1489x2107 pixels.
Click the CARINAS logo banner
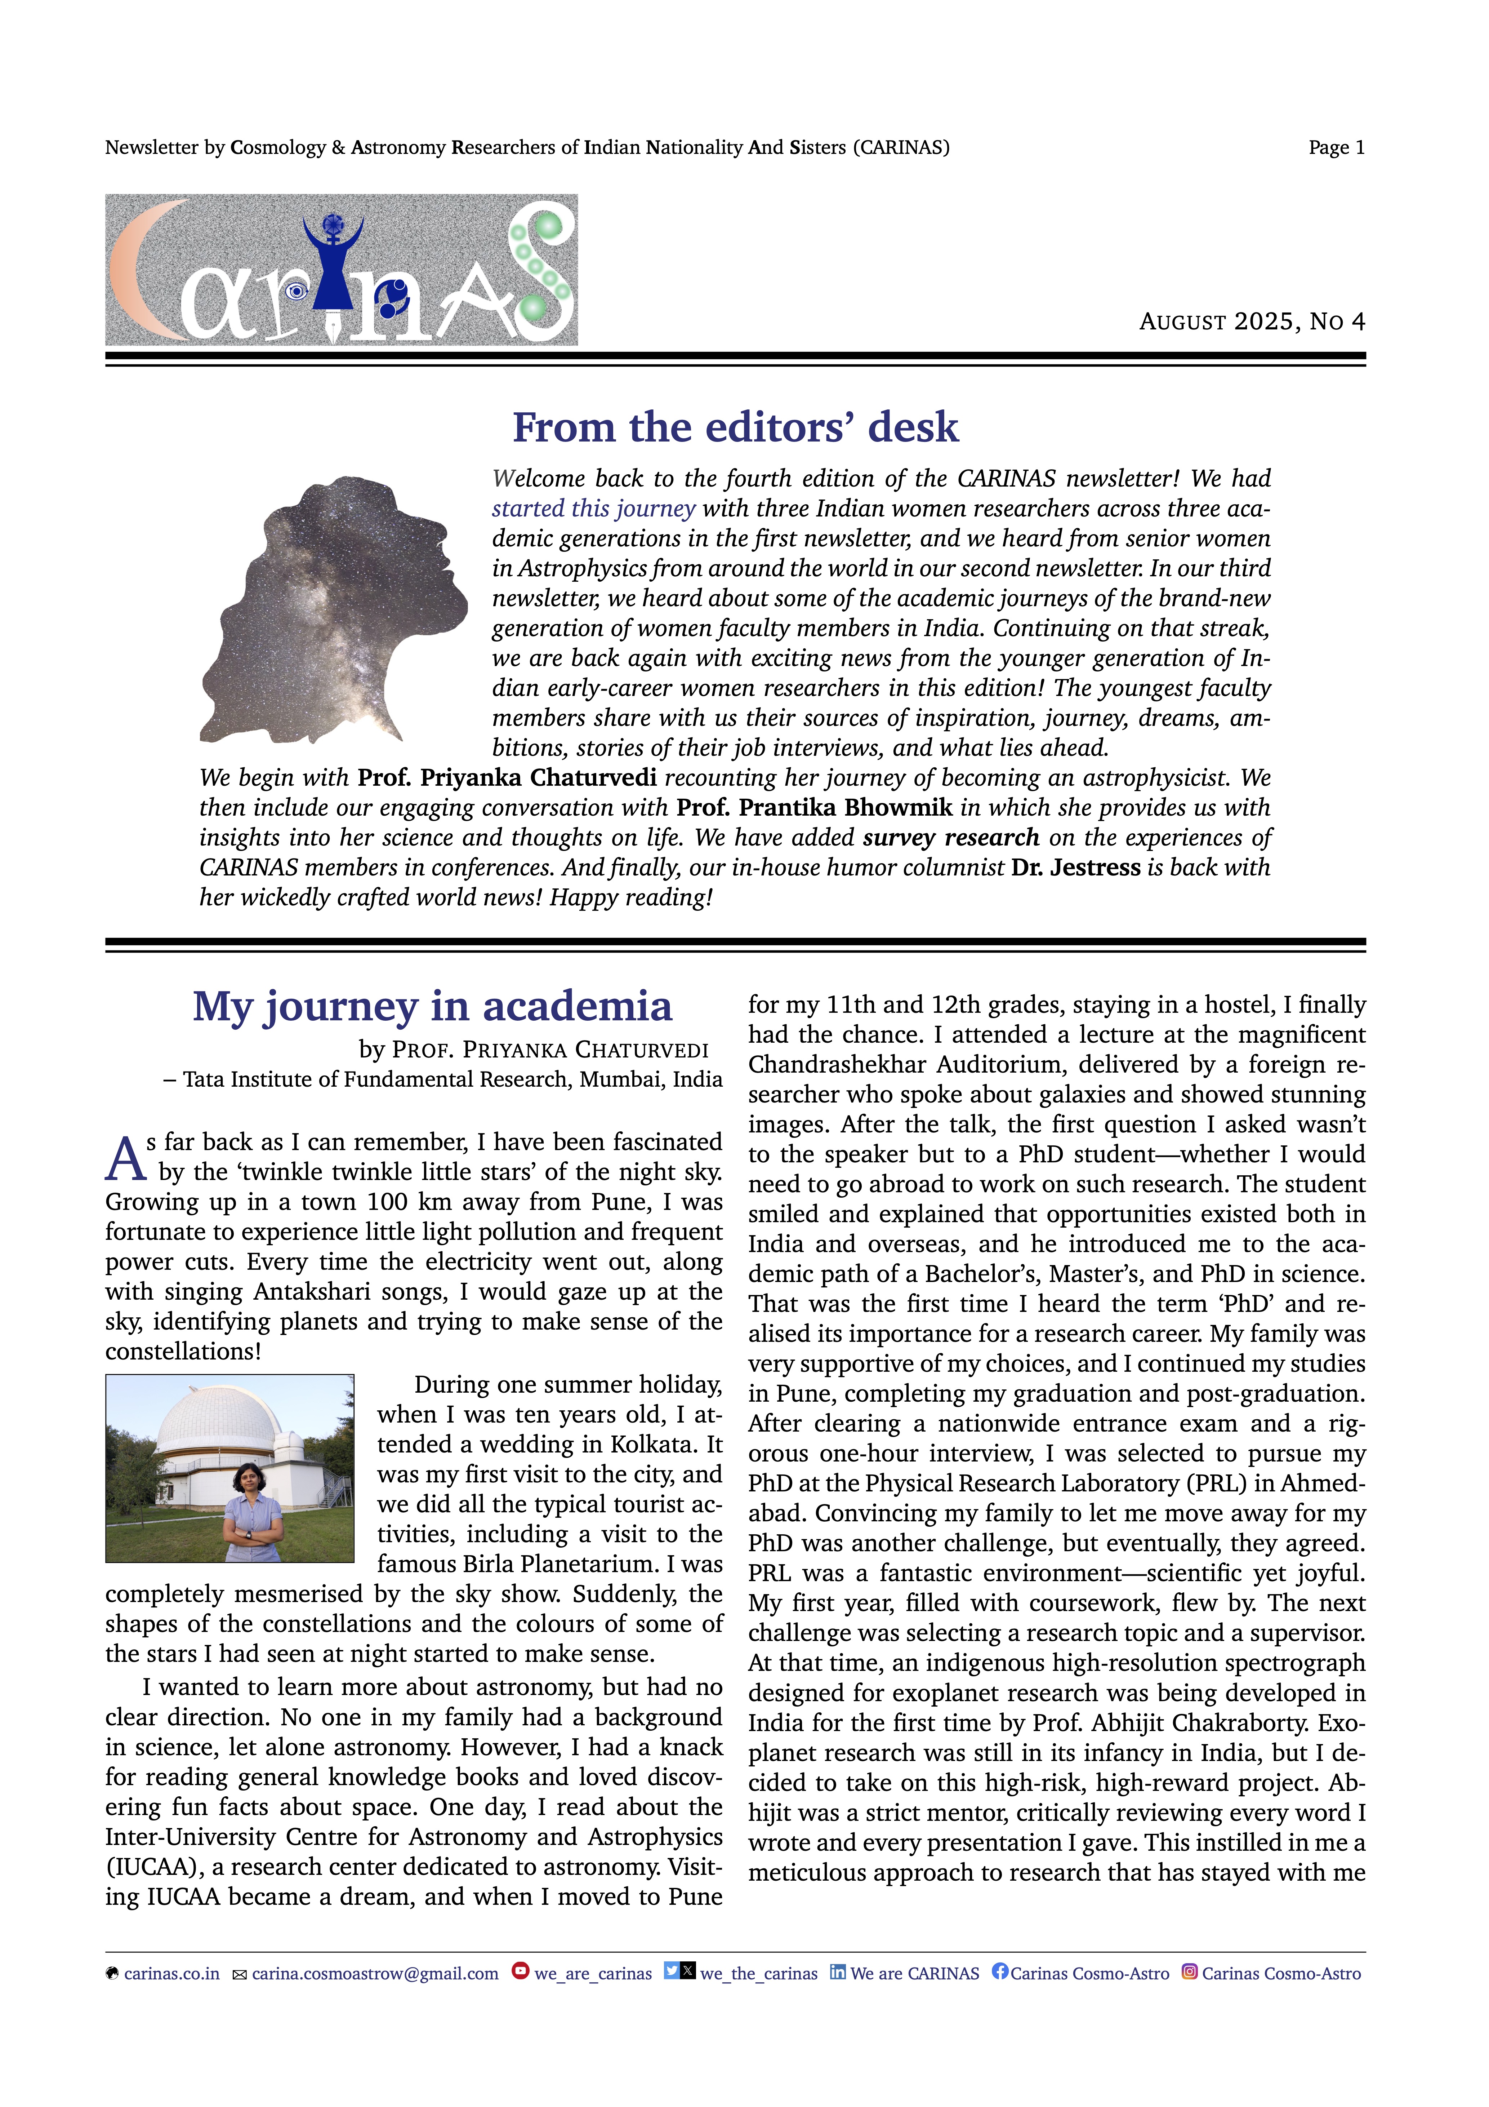(x=341, y=270)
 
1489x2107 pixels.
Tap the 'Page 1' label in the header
(x=1336, y=148)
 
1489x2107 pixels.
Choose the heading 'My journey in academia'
(x=432, y=1007)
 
